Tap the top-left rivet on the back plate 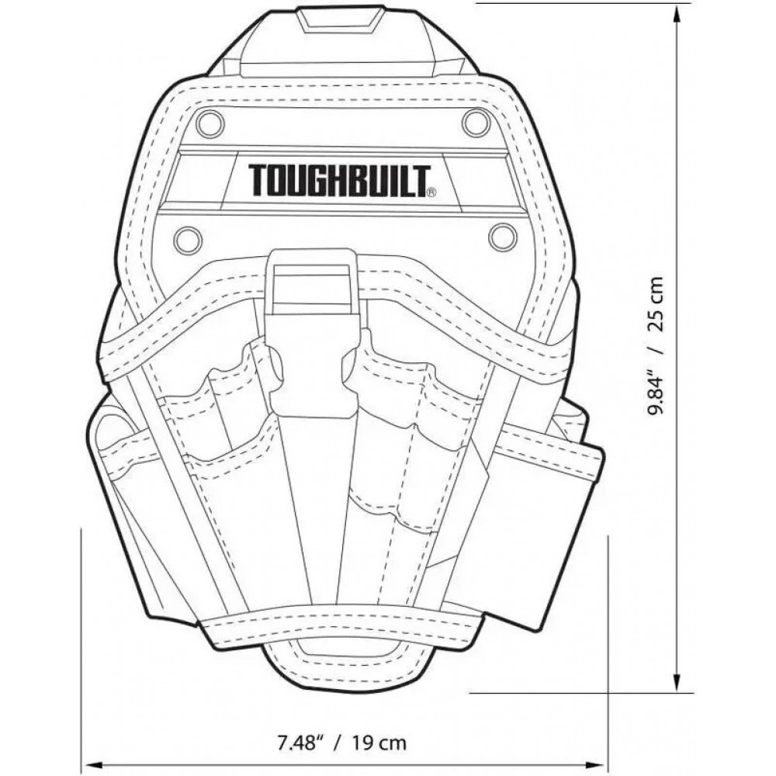pos(209,123)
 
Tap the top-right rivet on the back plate pos(476,123)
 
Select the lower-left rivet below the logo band pos(188,240)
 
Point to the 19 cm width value pos(378,743)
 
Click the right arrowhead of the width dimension pos(598,764)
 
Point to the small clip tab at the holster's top pos(341,19)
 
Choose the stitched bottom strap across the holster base pos(341,625)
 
